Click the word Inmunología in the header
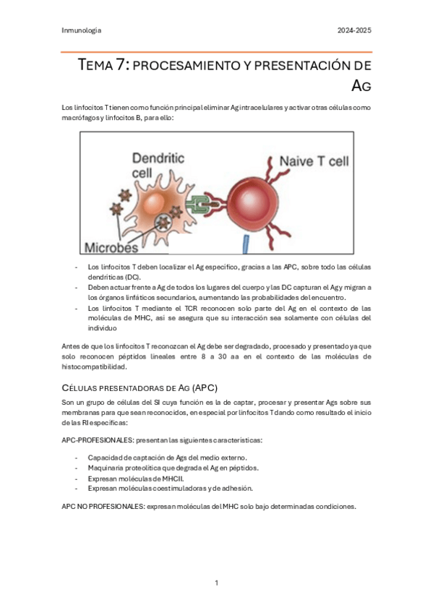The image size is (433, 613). (x=82, y=30)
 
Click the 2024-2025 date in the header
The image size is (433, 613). (x=354, y=30)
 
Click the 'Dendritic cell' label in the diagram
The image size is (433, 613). (x=157, y=165)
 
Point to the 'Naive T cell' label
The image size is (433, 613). (x=314, y=160)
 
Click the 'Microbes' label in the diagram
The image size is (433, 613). (x=113, y=247)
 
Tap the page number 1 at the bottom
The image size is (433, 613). (x=216, y=583)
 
